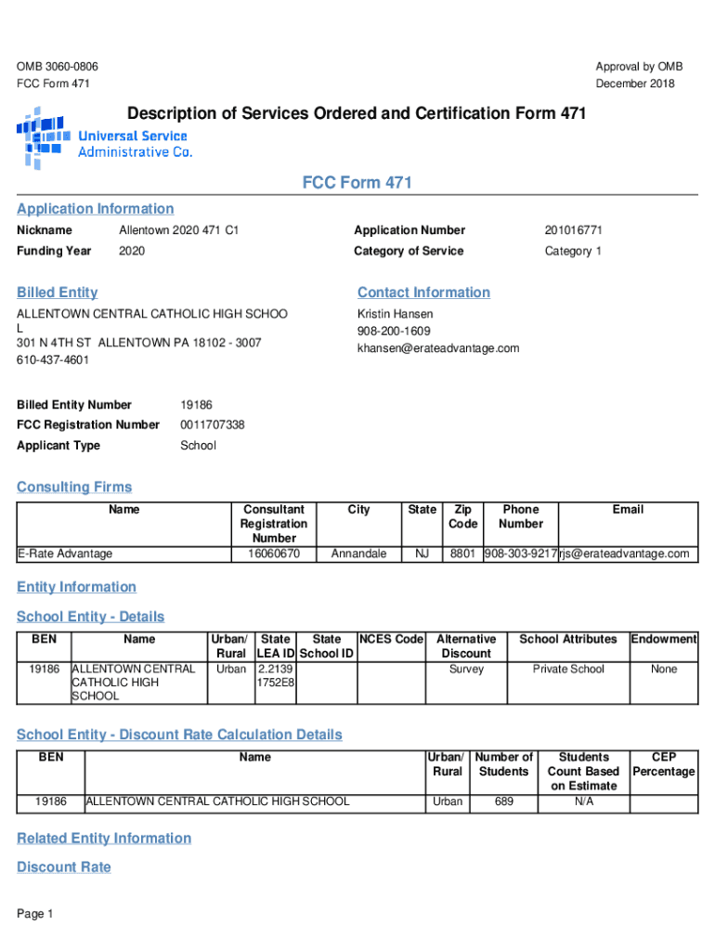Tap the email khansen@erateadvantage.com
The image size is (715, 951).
(438, 348)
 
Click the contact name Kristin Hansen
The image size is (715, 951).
(395, 314)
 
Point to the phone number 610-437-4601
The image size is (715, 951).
(53, 360)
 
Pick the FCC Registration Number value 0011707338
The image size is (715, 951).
(213, 424)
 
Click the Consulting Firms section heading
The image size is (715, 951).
(74, 487)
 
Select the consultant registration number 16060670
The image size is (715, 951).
(274, 554)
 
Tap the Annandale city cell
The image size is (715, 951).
(358, 554)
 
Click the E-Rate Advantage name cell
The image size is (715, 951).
(65, 554)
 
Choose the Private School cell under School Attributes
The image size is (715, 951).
(568, 669)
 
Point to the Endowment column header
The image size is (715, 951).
(664, 639)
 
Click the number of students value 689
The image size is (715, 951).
(504, 801)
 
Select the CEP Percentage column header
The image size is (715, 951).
(664, 764)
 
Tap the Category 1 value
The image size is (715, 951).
(573, 251)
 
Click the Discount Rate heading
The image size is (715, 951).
(64, 866)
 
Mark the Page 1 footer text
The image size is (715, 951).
(35, 914)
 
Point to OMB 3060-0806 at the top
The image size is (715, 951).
(58, 67)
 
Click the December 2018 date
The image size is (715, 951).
(635, 84)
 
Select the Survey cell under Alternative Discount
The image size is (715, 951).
(466, 669)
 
